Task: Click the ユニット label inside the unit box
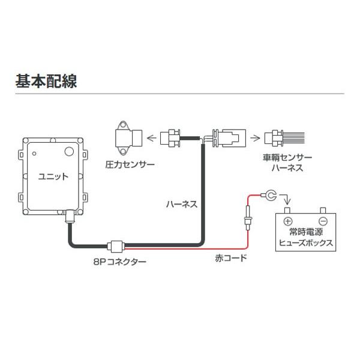(x=53, y=177)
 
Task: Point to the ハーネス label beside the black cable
(x=181, y=204)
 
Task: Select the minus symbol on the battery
(x=323, y=219)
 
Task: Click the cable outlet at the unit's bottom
(x=69, y=214)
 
